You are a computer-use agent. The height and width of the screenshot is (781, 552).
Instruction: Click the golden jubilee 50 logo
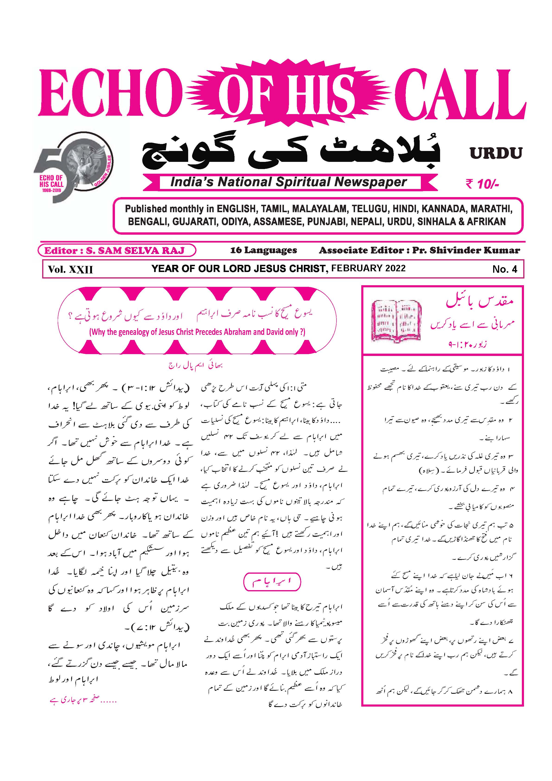tap(73, 167)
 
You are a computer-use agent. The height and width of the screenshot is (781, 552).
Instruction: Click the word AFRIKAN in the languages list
tap(486, 221)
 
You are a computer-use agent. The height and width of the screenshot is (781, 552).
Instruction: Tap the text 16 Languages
tap(263, 250)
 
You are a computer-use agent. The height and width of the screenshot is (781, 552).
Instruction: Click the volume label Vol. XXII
tap(70, 269)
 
